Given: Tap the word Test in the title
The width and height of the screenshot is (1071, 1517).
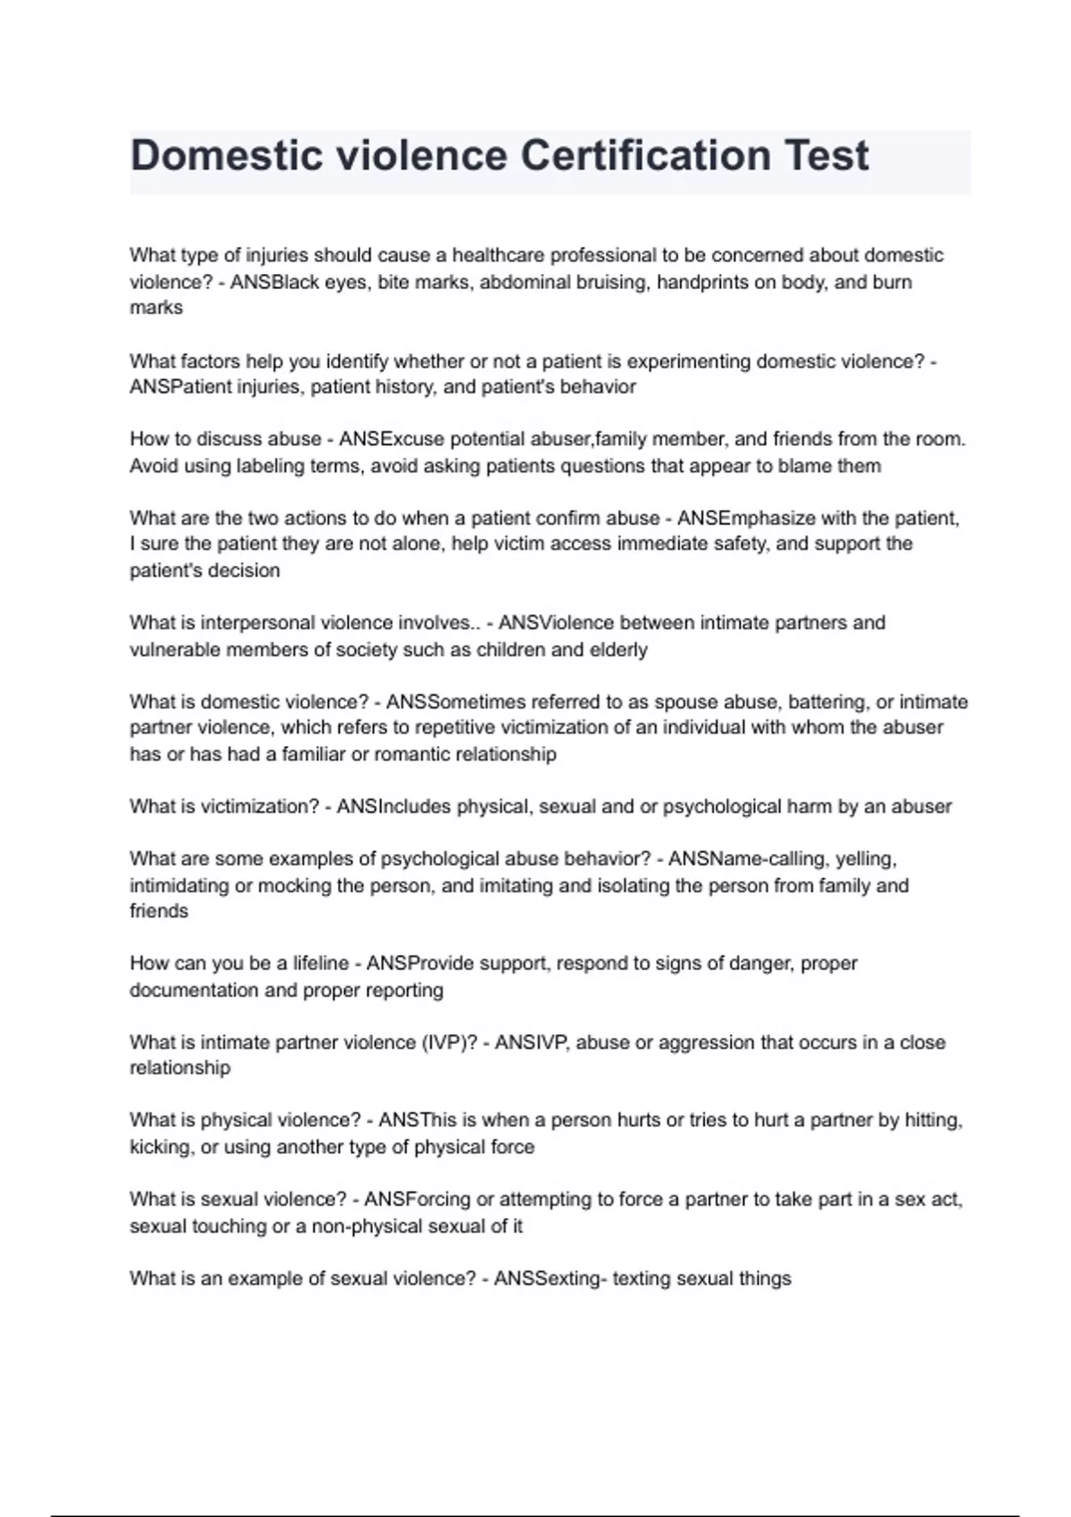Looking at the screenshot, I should (826, 156).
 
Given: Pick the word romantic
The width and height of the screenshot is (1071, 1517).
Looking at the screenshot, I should (411, 755).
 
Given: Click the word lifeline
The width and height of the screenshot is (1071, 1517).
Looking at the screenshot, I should (320, 964).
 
